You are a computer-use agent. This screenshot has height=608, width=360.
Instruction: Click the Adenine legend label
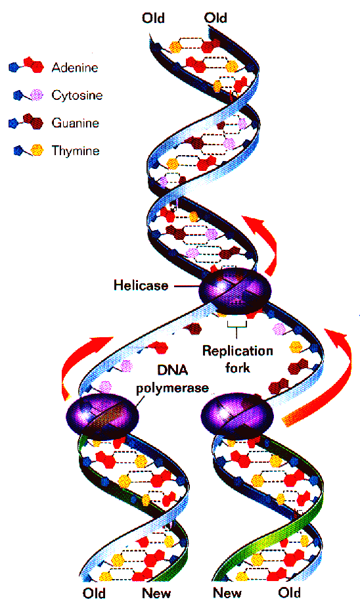click(75, 68)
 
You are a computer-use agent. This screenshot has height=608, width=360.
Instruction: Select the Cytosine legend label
click(77, 95)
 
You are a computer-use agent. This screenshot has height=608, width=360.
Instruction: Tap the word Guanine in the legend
click(76, 123)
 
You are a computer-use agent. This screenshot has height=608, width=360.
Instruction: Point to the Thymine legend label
click(76, 151)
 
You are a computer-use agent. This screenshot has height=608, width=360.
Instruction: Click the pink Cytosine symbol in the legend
click(37, 95)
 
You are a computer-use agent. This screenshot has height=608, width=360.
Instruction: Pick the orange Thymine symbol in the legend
click(37, 150)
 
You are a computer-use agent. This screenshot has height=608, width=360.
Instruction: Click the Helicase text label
click(141, 285)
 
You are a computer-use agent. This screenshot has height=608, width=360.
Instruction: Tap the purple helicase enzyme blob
click(235, 291)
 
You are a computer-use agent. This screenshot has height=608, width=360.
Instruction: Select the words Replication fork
click(238, 359)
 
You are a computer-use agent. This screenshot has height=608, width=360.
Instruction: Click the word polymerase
click(172, 388)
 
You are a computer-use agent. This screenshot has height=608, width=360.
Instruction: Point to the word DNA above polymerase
click(172, 370)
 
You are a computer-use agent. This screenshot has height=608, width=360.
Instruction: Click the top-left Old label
click(154, 18)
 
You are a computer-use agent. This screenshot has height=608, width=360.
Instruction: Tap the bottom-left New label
click(156, 594)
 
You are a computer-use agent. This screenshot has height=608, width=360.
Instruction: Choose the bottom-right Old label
click(290, 593)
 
